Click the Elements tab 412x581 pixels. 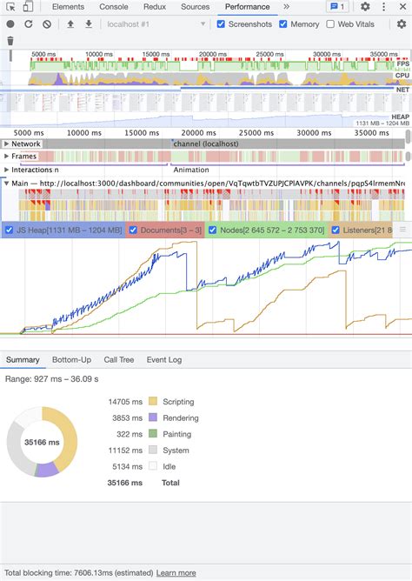tap(68, 7)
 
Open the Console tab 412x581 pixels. tap(114, 7)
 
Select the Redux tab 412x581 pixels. tap(156, 7)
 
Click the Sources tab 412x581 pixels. tap(195, 7)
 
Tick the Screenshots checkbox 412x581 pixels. tap(221, 24)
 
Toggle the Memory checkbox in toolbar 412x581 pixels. tap(282, 24)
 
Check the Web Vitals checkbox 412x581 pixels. tap(330, 24)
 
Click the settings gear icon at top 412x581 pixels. tap(365, 7)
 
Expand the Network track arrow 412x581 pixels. tap(7, 144)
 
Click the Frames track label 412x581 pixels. tap(23, 157)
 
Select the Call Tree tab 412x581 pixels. tap(119, 359)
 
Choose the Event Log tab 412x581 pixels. tap(163, 359)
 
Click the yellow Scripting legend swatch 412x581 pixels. tap(154, 402)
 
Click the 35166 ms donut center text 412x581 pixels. tap(42, 442)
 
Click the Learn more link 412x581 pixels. tap(176, 573)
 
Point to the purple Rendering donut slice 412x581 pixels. tap(47, 469)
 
